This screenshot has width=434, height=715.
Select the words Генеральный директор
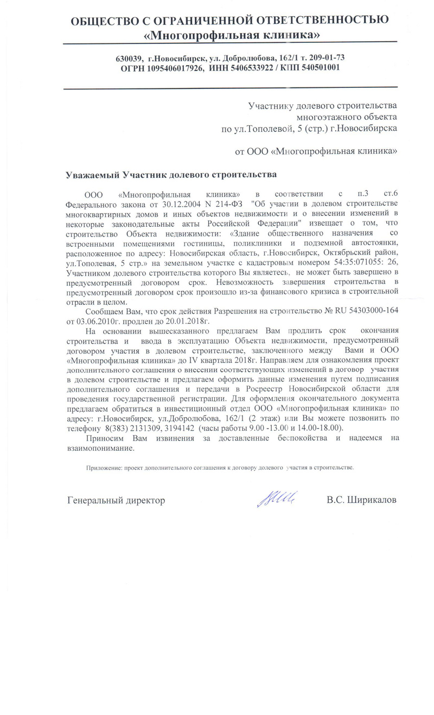tap(116, 500)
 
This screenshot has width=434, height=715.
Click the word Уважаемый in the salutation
tap(92, 175)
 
